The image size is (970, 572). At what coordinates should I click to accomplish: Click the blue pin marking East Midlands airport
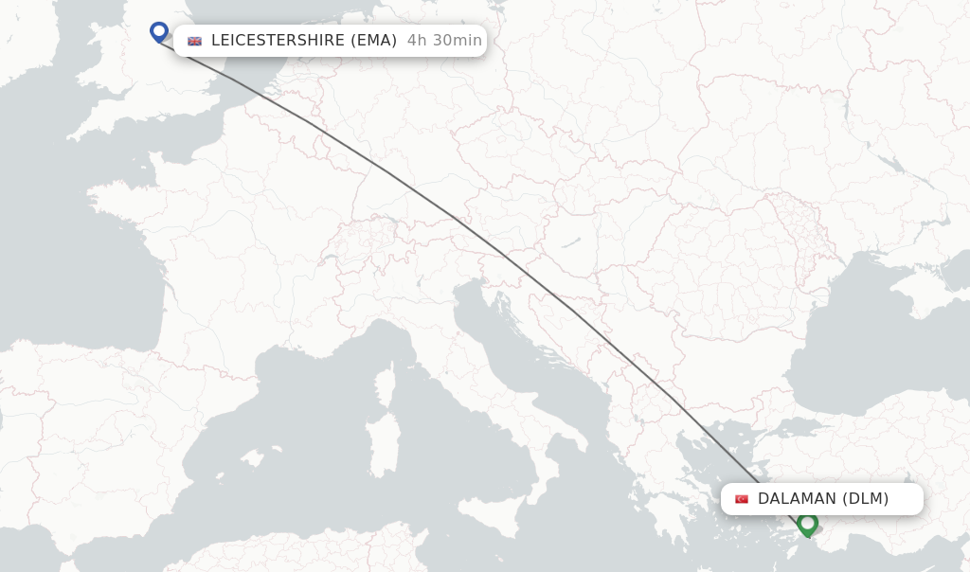(x=159, y=31)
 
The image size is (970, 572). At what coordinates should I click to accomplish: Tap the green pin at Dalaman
(x=807, y=522)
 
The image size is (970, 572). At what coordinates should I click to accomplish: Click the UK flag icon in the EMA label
(x=195, y=41)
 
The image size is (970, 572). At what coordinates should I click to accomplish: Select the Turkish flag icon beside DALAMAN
(x=742, y=499)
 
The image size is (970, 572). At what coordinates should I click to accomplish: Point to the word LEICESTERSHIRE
(x=278, y=41)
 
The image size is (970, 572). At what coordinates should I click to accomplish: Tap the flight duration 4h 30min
(x=444, y=41)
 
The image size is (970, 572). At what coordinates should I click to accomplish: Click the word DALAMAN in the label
(x=797, y=499)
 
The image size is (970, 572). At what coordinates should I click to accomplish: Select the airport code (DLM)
(x=865, y=499)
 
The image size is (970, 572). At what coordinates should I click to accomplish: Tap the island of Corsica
(x=385, y=384)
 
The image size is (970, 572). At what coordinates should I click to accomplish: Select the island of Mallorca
(x=251, y=459)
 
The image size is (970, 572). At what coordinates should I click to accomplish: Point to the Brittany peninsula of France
(x=109, y=205)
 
